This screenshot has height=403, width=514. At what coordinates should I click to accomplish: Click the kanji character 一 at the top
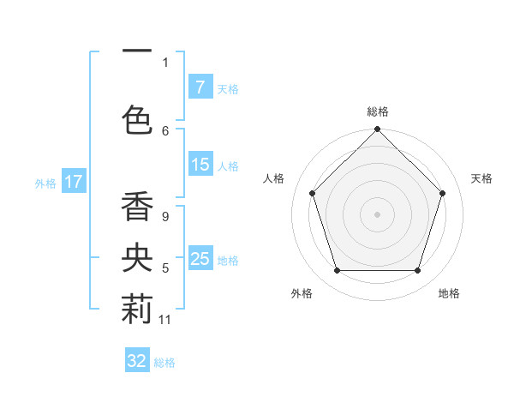coord(137,52)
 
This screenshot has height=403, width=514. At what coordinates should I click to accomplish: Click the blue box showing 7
coord(200,87)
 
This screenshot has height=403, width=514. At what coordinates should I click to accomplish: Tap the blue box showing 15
coord(200,165)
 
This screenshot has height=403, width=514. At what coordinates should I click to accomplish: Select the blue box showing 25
coord(200,259)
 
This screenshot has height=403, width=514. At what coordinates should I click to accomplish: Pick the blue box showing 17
coord(73,182)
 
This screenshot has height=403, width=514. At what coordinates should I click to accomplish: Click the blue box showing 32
coord(137,361)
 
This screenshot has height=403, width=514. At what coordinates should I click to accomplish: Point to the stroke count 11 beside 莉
coord(165,320)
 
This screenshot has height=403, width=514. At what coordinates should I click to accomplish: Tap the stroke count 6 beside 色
coord(165,130)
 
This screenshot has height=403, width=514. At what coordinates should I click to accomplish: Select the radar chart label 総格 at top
coord(377,111)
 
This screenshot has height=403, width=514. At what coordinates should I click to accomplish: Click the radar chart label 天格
coord(481,178)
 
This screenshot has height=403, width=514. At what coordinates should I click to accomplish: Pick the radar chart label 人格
coord(273,178)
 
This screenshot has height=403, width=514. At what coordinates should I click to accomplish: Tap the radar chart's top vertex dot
coord(377,130)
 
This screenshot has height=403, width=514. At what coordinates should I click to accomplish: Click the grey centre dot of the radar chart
coord(377,214)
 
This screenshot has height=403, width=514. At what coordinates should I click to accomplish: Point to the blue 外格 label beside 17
coord(45,183)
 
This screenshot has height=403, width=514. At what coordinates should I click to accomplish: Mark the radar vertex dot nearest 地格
coord(417,270)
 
